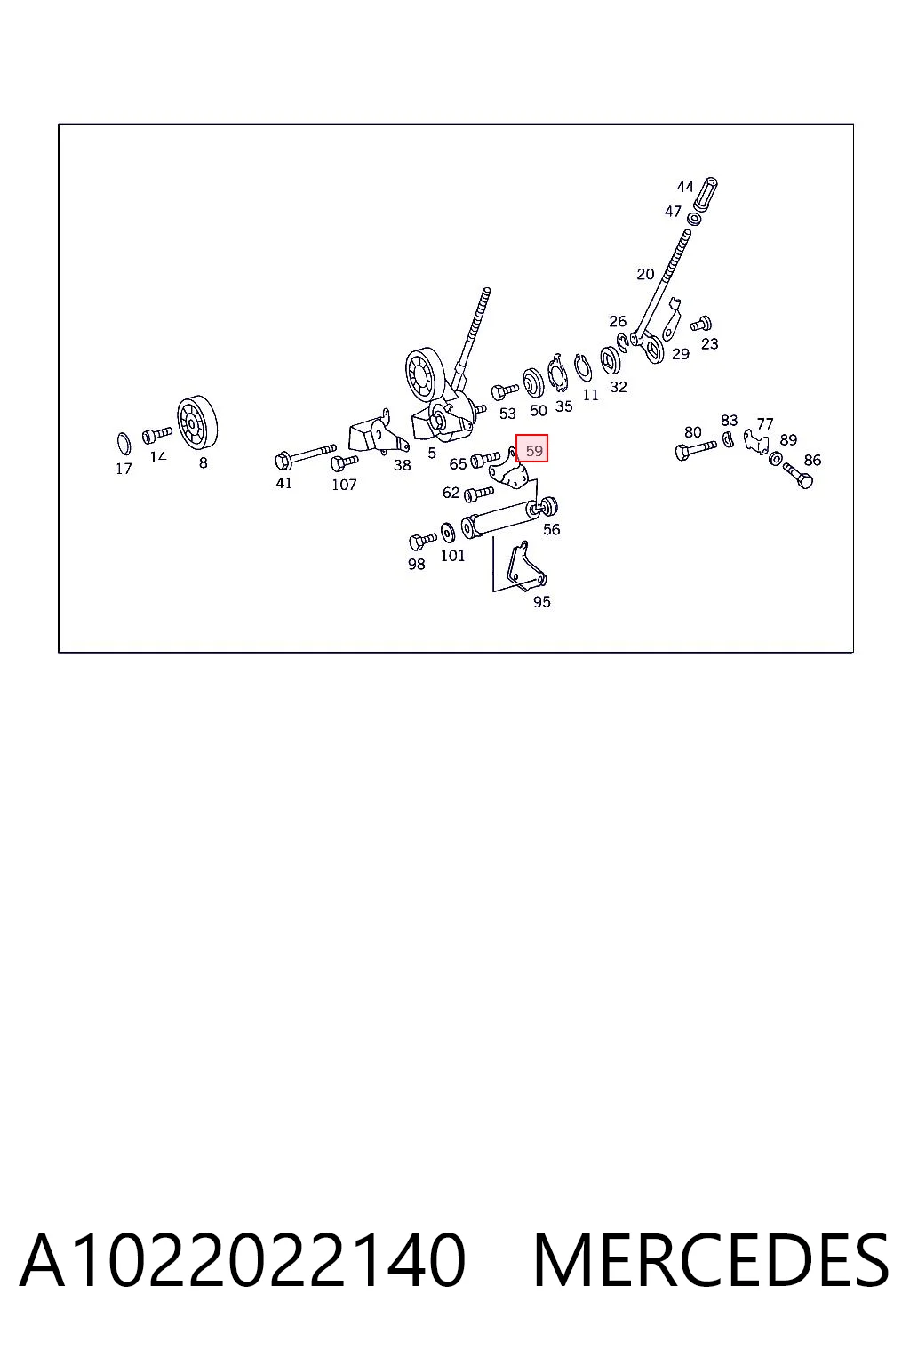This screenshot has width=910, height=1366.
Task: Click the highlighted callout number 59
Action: (532, 448)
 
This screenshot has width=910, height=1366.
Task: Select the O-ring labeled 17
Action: (124, 444)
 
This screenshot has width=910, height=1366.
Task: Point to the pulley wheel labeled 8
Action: (197, 420)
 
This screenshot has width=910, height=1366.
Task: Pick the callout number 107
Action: (344, 485)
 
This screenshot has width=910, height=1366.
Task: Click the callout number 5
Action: (432, 453)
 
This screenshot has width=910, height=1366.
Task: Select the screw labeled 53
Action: (504, 390)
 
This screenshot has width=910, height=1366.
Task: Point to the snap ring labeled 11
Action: (583, 367)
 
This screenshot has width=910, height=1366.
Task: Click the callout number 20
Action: (645, 275)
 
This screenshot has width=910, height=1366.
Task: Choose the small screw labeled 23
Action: (701, 323)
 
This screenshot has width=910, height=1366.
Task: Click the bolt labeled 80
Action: (695, 449)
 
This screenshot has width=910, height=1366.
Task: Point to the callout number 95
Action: (541, 602)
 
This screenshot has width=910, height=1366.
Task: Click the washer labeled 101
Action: (447, 533)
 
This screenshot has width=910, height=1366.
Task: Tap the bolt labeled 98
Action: (422, 542)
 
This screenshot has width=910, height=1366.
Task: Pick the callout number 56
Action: (551, 529)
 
